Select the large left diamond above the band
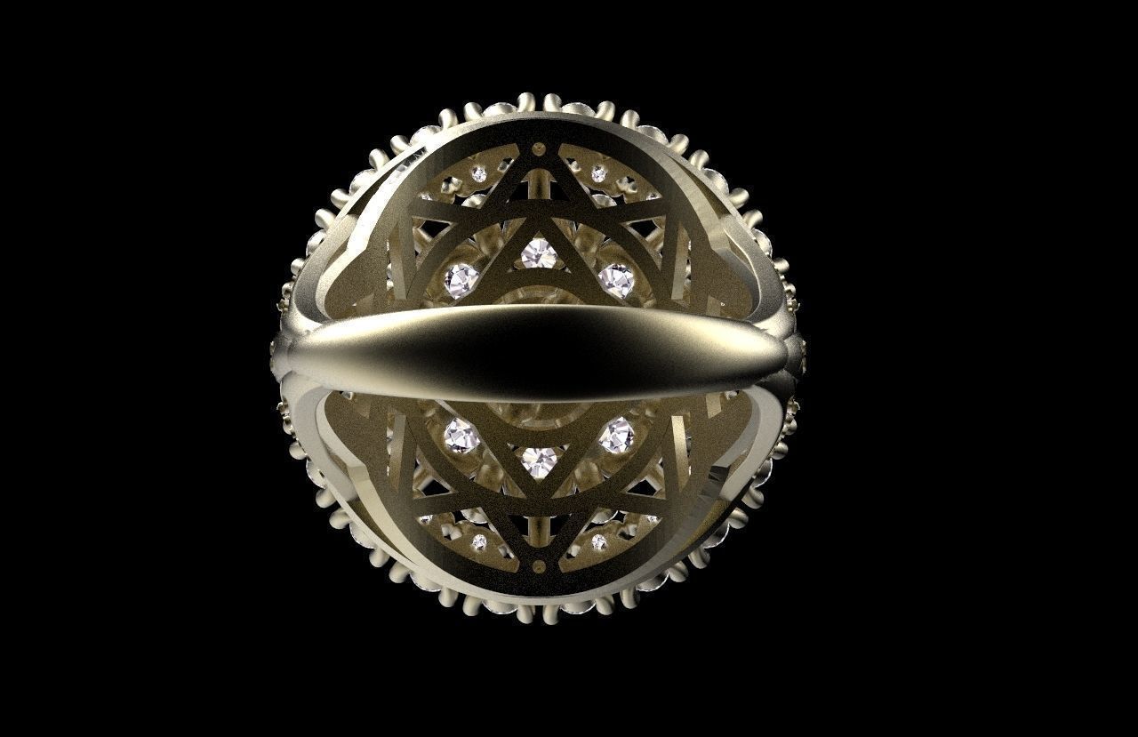click(461, 280)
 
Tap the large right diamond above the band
click(616, 280)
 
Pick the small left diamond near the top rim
click(479, 174)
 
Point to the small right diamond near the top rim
click(598, 174)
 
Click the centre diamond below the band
click(539, 461)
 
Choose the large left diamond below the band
click(461, 436)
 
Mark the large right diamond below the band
click(616, 436)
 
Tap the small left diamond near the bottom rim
click(479, 541)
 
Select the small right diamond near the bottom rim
click(598, 541)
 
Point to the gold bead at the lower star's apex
click(539, 564)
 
